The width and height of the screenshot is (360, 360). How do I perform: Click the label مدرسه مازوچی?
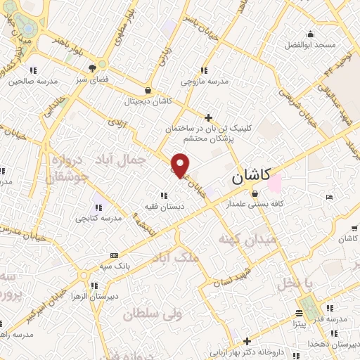pyautogui.click(x=205, y=82)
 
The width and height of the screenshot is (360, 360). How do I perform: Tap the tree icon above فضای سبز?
pyautogui.click(x=92, y=68)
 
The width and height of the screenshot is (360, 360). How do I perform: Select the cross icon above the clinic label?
pyautogui.click(x=207, y=117)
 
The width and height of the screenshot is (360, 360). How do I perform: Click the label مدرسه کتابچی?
pyautogui.click(x=99, y=218)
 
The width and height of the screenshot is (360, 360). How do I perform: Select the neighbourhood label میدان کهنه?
pyautogui.click(x=257, y=240)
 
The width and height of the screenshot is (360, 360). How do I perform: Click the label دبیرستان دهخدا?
pyautogui.click(x=333, y=344)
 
